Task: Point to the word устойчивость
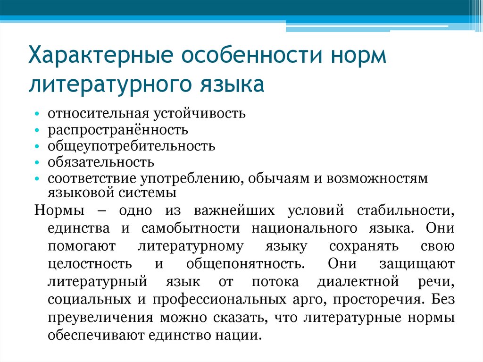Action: tap(199, 114)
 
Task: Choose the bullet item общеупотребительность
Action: tap(131, 146)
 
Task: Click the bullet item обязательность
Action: tap(100, 162)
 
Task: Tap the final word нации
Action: tap(241, 336)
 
